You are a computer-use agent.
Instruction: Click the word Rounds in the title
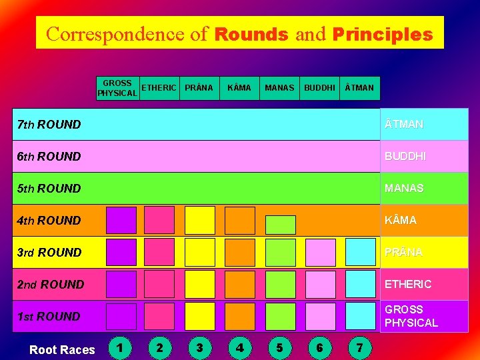coord(251,34)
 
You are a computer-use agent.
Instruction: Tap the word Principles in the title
coord(382,34)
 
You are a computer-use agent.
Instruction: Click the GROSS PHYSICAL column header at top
coord(117,88)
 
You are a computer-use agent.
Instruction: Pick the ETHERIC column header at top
coord(159,88)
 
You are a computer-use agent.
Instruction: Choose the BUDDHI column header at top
coord(319,88)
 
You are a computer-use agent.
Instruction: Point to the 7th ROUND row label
coord(49,125)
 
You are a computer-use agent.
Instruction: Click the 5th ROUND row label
coord(49,189)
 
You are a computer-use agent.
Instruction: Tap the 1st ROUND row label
coord(49,317)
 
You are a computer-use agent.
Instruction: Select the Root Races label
coord(62,350)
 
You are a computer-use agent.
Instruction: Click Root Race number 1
coord(119,347)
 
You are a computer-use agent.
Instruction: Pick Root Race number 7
coord(360,347)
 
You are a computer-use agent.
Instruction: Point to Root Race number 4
coord(239,347)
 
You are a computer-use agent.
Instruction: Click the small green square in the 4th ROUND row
coord(280,224)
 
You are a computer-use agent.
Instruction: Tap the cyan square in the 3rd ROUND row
coord(361,252)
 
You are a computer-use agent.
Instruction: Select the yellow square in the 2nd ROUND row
coord(199,284)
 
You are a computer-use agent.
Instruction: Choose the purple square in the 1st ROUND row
coord(121,316)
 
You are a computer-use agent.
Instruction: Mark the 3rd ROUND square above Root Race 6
coord(321,252)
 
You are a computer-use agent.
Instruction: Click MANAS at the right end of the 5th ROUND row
coord(404,189)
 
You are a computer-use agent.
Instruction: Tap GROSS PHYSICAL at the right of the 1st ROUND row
coord(411,316)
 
